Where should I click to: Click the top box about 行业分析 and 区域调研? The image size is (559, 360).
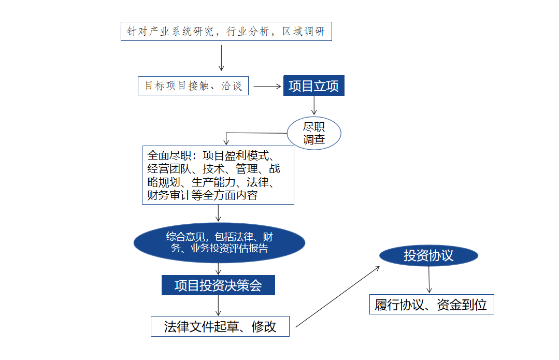click(x=226, y=32)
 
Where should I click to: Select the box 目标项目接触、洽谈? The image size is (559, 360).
click(x=193, y=85)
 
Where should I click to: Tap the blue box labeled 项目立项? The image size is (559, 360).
click(x=314, y=85)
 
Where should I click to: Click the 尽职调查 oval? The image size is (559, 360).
click(x=314, y=133)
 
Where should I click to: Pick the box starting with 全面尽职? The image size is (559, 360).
click(x=218, y=175)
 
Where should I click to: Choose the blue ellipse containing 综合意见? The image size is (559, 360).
click(x=219, y=242)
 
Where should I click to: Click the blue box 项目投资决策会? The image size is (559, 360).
click(x=218, y=285)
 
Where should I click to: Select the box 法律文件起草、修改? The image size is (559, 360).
click(x=220, y=326)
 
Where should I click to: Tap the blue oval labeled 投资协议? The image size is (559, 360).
click(x=428, y=255)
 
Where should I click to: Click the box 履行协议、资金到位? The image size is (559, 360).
click(x=431, y=305)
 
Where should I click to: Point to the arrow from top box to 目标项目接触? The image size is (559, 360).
click(x=221, y=57)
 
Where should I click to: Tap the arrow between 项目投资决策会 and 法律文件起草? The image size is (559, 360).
click(x=218, y=305)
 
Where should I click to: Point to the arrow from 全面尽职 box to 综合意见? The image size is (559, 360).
click(x=219, y=213)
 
